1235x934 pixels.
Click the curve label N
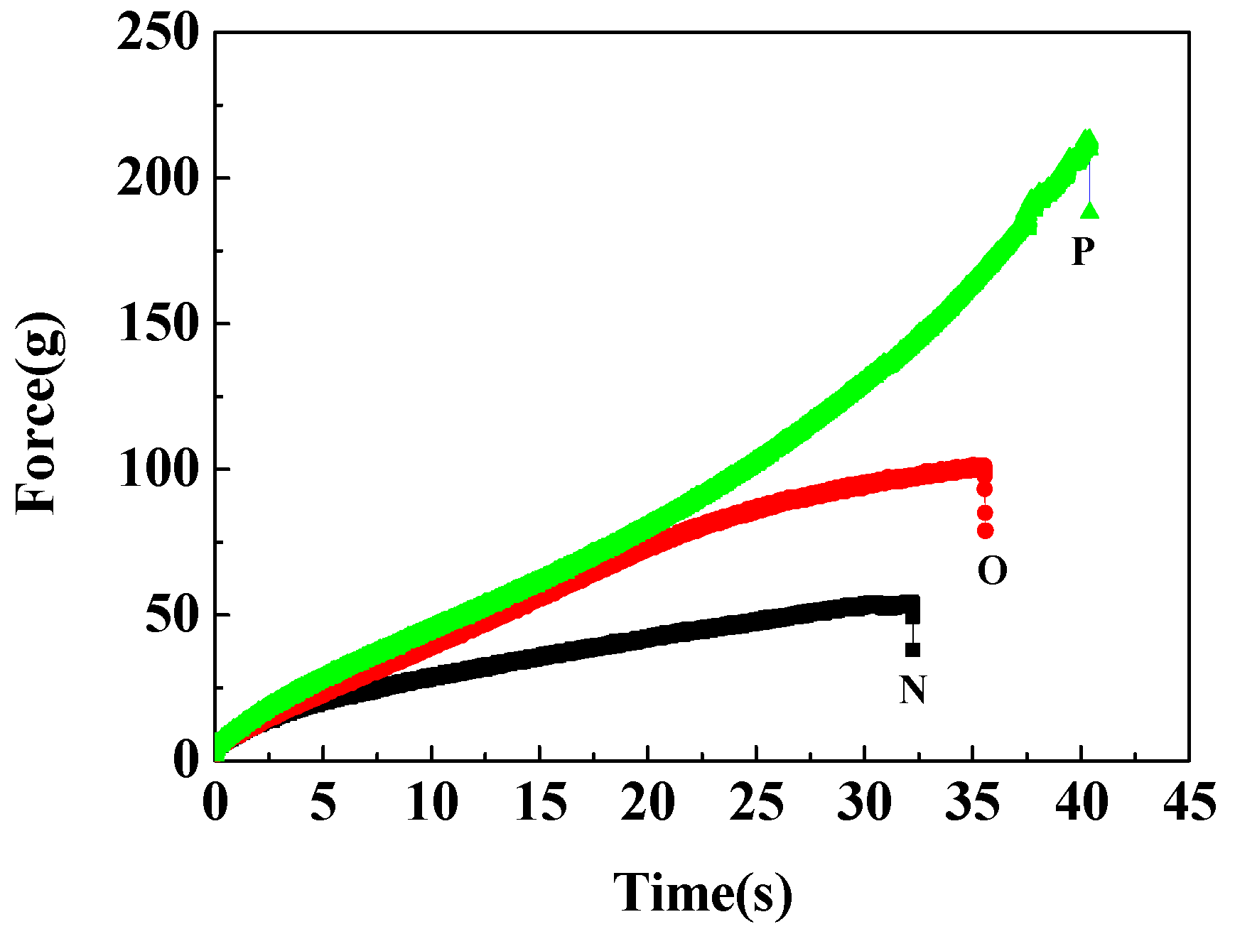913,690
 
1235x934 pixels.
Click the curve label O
992,570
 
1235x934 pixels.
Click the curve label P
1083,251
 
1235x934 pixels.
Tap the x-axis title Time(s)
703,893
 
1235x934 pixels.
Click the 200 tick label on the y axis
156,178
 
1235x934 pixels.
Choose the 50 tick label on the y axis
171,615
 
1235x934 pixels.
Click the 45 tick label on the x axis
1190,802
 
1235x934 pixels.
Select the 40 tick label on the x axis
1082,802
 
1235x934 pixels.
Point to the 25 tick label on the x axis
757,802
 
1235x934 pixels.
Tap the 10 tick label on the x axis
432,802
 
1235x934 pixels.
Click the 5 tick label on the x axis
323,802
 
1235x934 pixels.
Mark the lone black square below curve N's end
913,649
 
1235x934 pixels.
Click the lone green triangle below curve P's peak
1090,210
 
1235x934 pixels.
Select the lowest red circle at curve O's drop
985,530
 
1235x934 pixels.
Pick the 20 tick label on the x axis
648,802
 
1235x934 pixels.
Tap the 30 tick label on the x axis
865,802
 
